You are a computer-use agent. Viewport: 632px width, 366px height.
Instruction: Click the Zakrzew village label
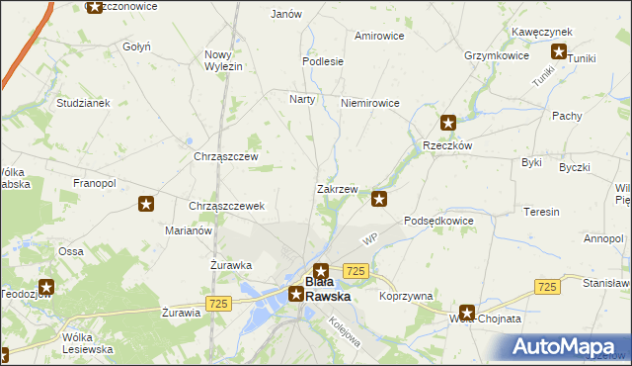337,188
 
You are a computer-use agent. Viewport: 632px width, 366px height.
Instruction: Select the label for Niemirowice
369,103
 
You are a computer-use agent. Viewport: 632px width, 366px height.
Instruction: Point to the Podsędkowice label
438,221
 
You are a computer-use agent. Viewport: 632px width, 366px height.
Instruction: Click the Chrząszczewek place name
226,206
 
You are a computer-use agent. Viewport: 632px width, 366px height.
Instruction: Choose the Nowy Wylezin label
223,59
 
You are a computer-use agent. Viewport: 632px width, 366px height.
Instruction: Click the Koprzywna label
406,296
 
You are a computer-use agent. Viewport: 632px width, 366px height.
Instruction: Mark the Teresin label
541,212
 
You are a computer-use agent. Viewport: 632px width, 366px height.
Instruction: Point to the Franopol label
95,183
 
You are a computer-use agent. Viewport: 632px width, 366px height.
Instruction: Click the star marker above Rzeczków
448,124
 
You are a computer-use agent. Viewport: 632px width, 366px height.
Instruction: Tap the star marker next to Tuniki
559,53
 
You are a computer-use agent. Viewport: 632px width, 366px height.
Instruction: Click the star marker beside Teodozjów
44,288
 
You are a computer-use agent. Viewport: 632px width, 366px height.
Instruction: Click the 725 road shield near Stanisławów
547,286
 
